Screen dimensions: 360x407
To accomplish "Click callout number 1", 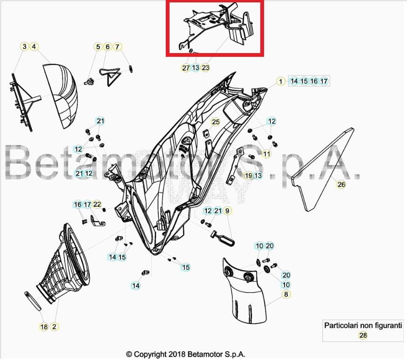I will coord(280,82).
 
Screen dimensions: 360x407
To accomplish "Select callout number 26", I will coord(341,184).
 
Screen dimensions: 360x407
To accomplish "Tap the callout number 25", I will coord(215,122).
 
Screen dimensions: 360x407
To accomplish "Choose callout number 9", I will coord(228,211).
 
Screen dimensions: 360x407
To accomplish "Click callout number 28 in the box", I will coord(362,335).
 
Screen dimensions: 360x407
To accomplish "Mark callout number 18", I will coord(44,327).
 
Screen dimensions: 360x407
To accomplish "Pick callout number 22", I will coord(97,204).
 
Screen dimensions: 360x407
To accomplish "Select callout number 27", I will coord(186,68).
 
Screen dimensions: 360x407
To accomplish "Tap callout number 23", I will coord(205,68).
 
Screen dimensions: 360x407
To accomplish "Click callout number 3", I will coord(25,47).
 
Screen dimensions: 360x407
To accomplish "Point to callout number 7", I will coord(117,47).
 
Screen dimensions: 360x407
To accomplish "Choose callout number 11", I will coord(267,154).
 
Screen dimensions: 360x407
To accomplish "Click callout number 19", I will coord(248,176).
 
